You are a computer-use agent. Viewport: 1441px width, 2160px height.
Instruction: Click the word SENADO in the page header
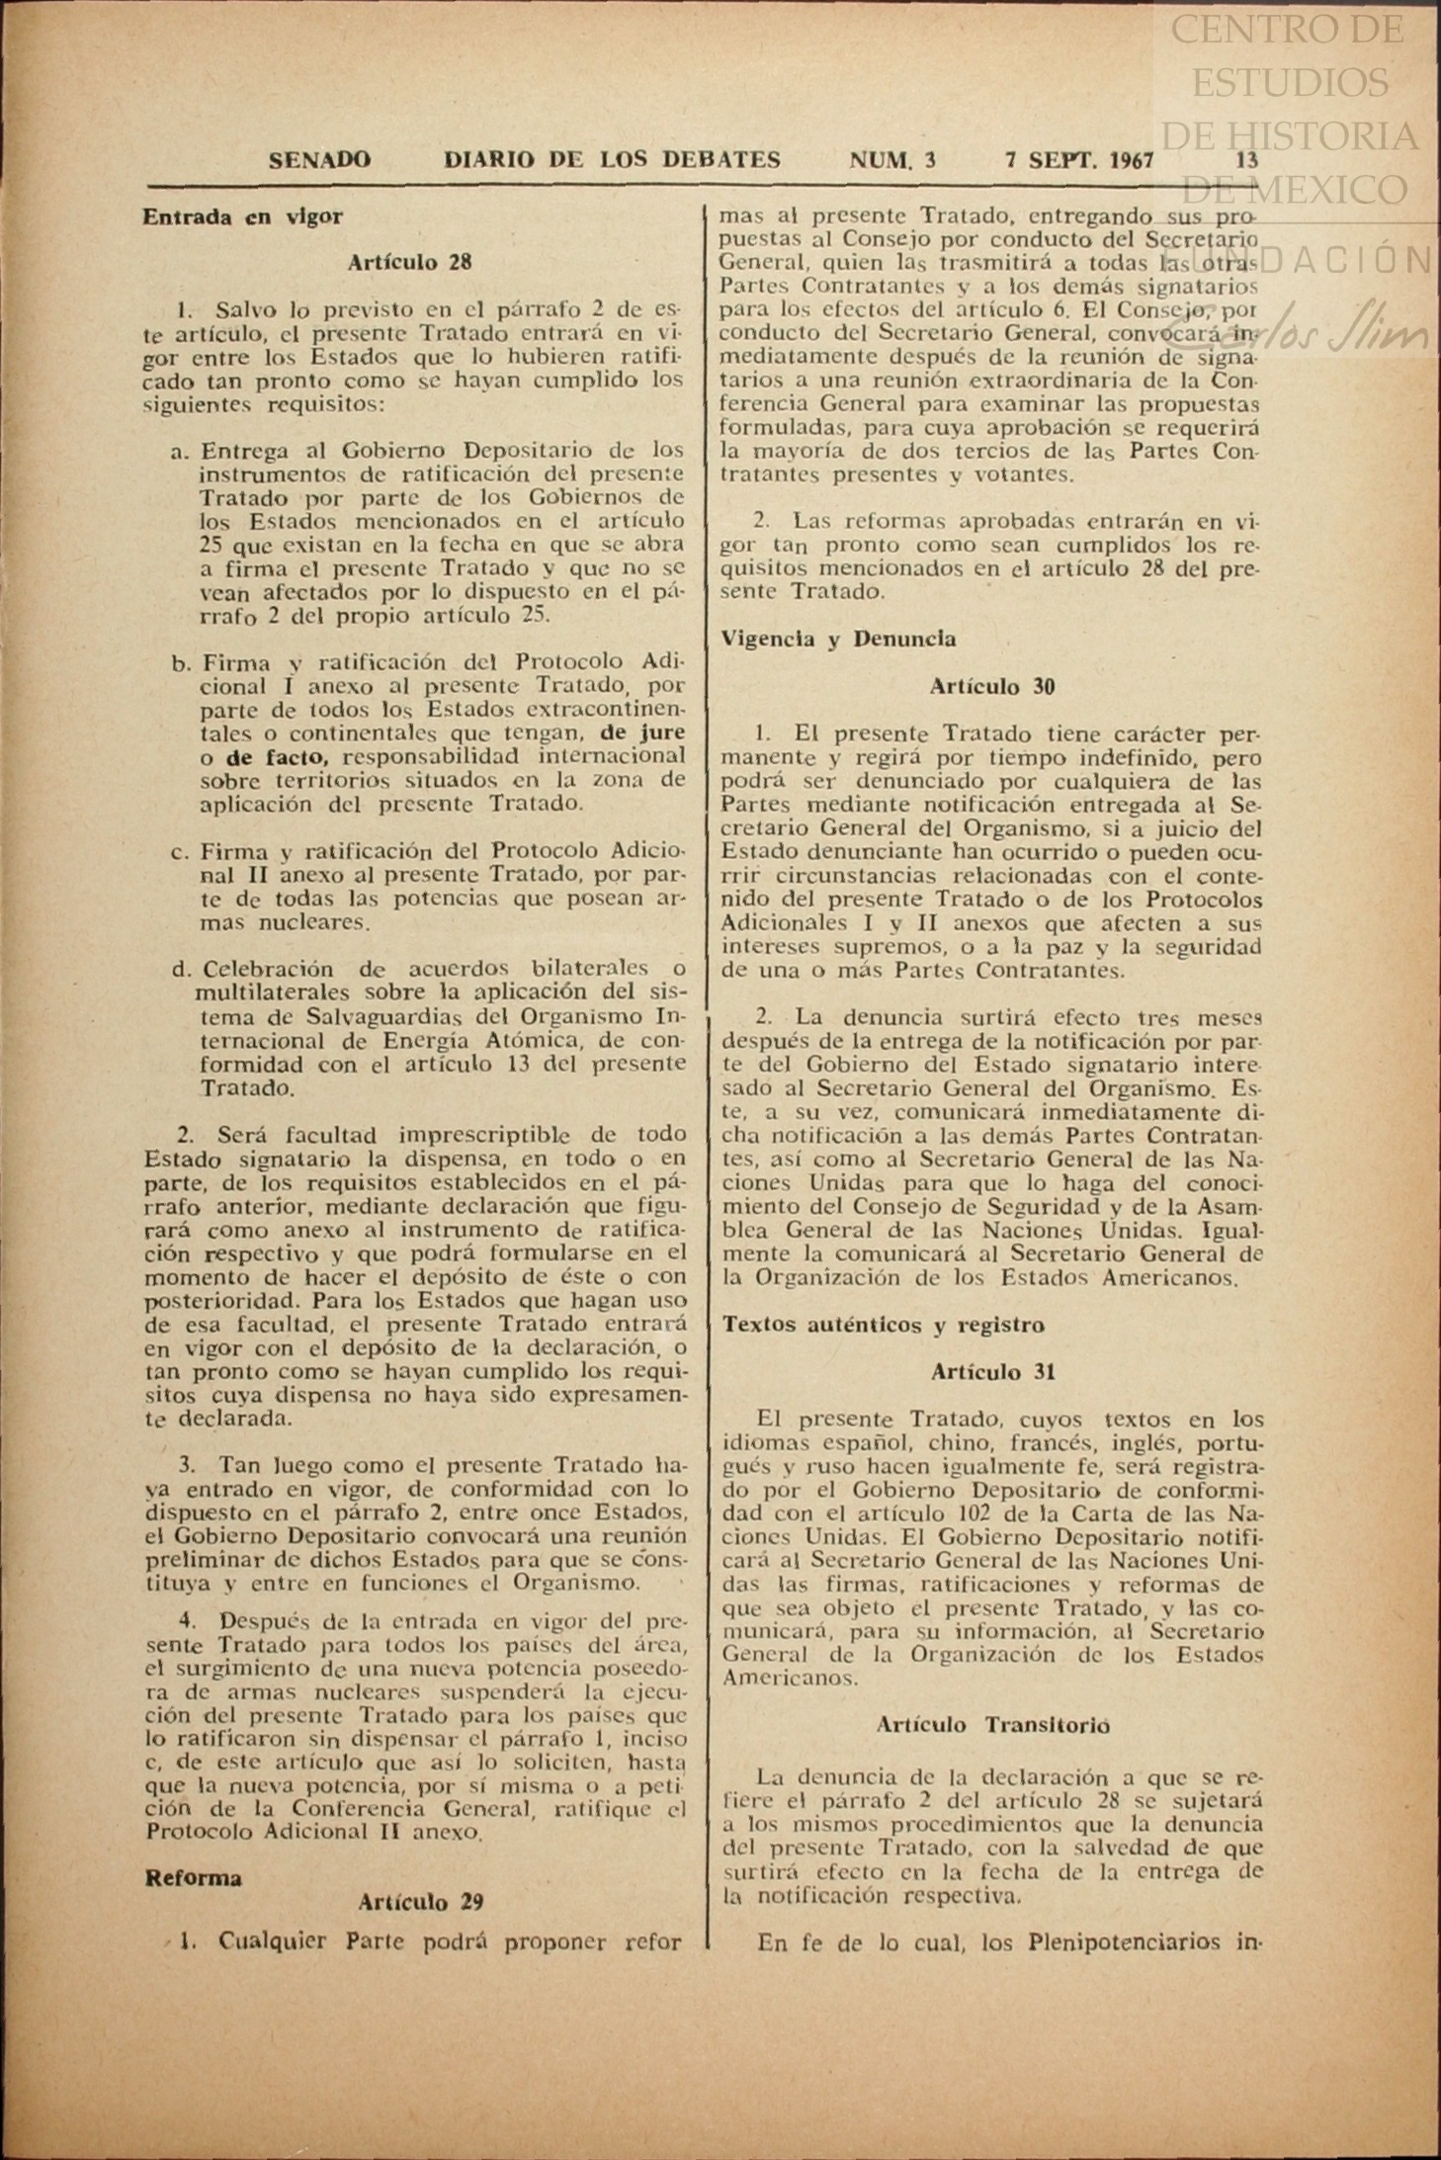click(x=319, y=160)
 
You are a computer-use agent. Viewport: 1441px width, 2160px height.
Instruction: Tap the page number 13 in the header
click(x=1246, y=160)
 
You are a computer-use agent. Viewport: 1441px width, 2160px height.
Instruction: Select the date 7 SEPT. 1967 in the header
click(x=1078, y=160)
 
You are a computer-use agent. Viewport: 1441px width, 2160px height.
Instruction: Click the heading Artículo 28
click(x=409, y=262)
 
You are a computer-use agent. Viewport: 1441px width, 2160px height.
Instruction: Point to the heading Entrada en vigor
click(x=242, y=216)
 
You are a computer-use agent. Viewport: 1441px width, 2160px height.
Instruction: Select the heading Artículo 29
click(x=420, y=1901)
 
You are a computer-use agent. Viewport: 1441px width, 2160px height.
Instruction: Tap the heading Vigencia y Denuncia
click(x=839, y=639)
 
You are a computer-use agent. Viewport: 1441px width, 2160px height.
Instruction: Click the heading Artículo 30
click(x=991, y=686)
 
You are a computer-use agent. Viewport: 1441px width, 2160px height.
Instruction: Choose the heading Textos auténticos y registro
click(x=883, y=1325)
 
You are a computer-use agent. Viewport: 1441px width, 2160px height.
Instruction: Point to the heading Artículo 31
click(x=992, y=1372)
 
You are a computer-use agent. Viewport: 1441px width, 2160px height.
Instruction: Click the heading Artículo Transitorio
click(x=992, y=1725)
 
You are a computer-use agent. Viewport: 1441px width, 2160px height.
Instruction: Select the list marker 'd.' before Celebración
click(x=180, y=969)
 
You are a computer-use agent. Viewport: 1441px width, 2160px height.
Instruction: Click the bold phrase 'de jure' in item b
click(x=642, y=733)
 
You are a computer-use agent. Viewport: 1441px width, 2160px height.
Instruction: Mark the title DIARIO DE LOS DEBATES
click(x=612, y=160)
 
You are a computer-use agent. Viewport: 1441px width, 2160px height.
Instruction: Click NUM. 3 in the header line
click(x=891, y=160)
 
